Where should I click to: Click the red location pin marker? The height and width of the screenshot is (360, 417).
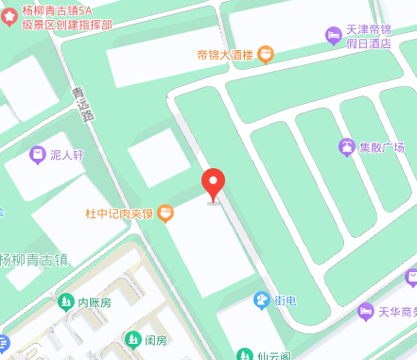pyautogui.click(x=214, y=182)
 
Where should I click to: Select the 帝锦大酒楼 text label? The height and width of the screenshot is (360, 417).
pyautogui.click(x=225, y=55)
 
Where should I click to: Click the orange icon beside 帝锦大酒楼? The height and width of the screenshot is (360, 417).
pyautogui.click(x=266, y=55)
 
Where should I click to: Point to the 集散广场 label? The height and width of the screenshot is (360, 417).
pyautogui.click(x=381, y=147)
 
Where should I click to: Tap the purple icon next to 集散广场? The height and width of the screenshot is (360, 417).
pyautogui.click(x=346, y=147)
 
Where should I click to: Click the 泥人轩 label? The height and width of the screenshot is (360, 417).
pyautogui.click(x=68, y=154)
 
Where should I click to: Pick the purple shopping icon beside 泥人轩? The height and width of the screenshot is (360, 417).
pyautogui.click(x=37, y=154)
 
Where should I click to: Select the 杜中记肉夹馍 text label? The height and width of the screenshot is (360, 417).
pyautogui.click(x=119, y=214)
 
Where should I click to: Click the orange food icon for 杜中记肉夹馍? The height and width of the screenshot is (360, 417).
pyautogui.click(x=165, y=214)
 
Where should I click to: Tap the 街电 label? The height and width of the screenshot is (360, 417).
pyautogui.click(x=285, y=300)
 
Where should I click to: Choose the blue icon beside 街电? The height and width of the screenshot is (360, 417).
pyautogui.click(x=261, y=300)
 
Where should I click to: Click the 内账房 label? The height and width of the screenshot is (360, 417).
pyautogui.click(x=95, y=303)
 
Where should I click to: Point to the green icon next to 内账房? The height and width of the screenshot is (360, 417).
pyautogui.click(x=65, y=303)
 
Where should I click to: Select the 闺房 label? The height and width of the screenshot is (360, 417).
pyautogui.click(x=156, y=339)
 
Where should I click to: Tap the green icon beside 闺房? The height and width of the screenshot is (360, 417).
pyautogui.click(x=132, y=339)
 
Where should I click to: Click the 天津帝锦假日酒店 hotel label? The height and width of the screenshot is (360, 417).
pyautogui.click(x=373, y=36)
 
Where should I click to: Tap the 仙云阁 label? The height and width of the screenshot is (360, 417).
pyautogui.click(x=273, y=355)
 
